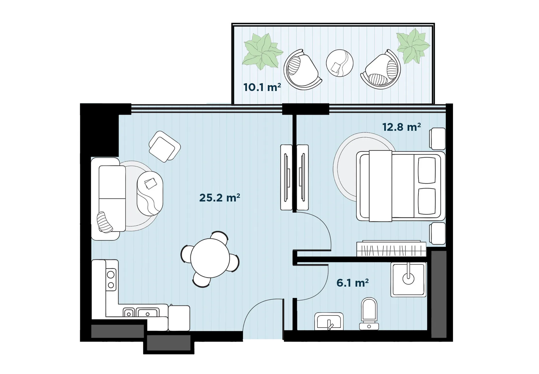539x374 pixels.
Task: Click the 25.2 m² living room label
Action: click(x=220, y=198)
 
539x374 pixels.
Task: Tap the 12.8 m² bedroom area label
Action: click(x=401, y=127)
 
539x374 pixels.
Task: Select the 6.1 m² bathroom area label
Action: click(x=353, y=283)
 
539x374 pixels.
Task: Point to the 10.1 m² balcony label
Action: click(x=262, y=87)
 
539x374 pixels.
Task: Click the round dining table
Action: click(x=210, y=258)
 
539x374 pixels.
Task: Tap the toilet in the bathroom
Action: click(x=369, y=314)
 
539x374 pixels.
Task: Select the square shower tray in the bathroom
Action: click(x=409, y=279)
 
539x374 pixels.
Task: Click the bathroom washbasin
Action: click(x=329, y=321)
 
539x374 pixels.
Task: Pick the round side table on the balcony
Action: click(x=340, y=63)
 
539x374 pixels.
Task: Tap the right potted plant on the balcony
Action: click(x=413, y=45)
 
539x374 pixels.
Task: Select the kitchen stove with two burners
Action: click(x=111, y=279)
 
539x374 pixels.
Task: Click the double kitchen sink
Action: click(x=141, y=312)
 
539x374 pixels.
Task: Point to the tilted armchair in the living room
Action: click(x=165, y=146)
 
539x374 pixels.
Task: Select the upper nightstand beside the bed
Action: click(x=437, y=139)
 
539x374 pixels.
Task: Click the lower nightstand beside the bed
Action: click(x=437, y=233)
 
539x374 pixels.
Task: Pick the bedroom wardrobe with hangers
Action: click(x=391, y=249)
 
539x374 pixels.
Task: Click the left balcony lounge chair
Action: click(x=302, y=70)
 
